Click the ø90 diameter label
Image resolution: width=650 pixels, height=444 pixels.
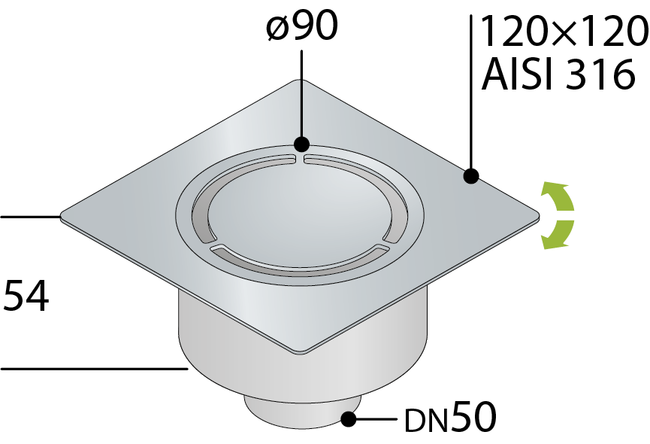(x=302, y=26)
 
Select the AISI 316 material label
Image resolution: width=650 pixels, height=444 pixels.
(x=558, y=75)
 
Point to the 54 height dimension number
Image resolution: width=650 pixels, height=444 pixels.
(x=26, y=296)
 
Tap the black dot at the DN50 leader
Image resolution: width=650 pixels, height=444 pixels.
(x=349, y=419)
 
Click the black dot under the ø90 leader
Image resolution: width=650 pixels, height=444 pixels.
(x=301, y=144)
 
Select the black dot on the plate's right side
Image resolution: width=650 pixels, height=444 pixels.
(x=471, y=176)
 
